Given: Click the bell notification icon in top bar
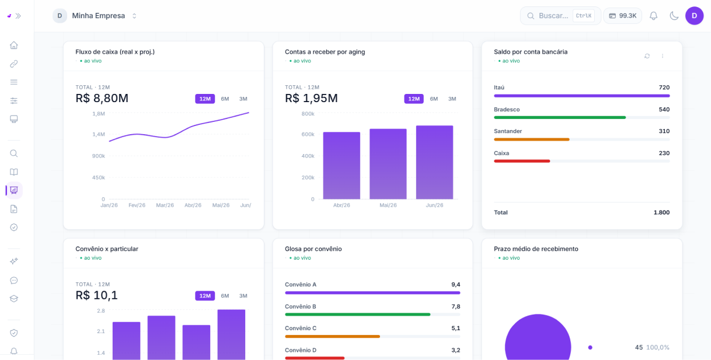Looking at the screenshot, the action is (x=653, y=16).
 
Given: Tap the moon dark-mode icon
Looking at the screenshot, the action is (x=674, y=16).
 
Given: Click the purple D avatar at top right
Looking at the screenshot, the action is (x=694, y=16).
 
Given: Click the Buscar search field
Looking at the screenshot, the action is (x=560, y=16).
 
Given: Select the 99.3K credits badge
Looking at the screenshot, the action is (x=622, y=16).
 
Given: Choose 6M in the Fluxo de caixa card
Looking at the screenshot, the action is (x=225, y=99).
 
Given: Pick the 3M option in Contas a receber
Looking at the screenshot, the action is (x=452, y=99).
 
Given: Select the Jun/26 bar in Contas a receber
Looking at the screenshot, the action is (x=434, y=162).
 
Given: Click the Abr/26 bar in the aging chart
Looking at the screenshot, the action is (x=341, y=166).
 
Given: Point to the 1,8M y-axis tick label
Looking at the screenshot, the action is (x=99, y=114).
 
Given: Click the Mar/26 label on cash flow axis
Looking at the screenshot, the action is (x=165, y=205).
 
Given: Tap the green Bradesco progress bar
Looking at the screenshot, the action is (x=560, y=117).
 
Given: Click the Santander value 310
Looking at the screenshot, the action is (x=664, y=131).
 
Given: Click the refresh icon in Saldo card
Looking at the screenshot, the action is (x=647, y=56).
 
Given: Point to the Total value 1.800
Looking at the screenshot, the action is (x=661, y=212).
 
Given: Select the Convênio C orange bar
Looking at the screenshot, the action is (x=332, y=336).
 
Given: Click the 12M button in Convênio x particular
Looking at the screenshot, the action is (x=205, y=296).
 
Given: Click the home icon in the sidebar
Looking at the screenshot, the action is (x=13, y=46).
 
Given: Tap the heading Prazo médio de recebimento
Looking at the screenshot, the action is (x=536, y=249).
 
